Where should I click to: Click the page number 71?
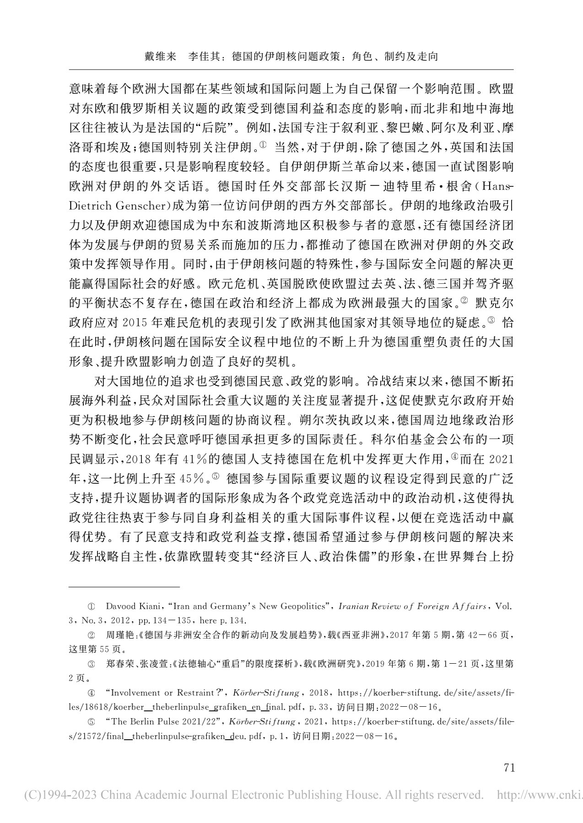[x=509, y=767]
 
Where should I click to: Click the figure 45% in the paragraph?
[x=193, y=479]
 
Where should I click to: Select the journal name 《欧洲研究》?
[x=337, y=664]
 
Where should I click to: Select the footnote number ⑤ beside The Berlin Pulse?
[x=92, y=722]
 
